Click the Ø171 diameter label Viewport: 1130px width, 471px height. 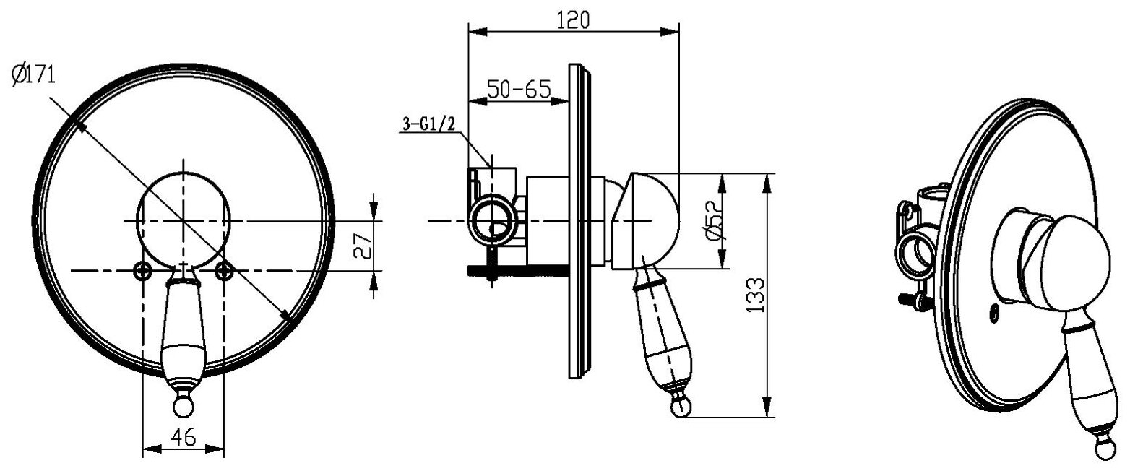click(33, 75)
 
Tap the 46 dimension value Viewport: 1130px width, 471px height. click(183, 437)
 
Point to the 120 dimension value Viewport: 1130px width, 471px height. click(573, 20)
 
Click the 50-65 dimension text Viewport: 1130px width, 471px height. click(519, 90)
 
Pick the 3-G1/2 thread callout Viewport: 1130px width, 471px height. click(428, 124)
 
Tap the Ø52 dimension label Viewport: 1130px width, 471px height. click(715, 220)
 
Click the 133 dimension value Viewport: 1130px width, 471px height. click(755, 295)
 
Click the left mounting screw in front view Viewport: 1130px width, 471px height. click(143, 271)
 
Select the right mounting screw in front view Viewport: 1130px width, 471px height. click(224, 271)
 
